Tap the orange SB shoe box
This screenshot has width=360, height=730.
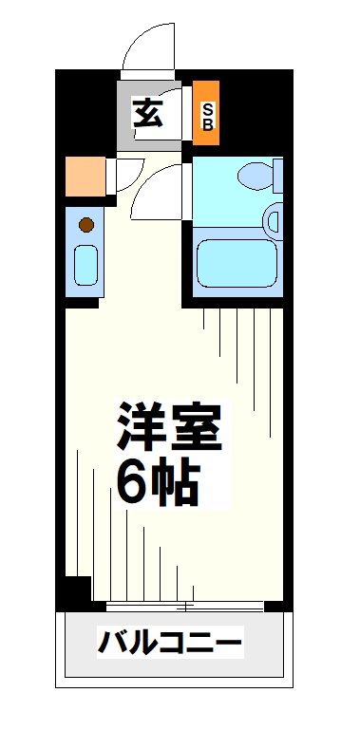(x=206, y=115)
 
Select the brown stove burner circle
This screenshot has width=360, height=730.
(x=85, y=225)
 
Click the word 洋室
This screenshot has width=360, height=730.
(x=170, y=428)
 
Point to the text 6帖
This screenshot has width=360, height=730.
(x=157, y=483)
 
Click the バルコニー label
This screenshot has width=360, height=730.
(x=171, y=646)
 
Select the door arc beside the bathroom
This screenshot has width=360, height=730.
(x=157, y=190)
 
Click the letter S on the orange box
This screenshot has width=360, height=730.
(x=206, y=108)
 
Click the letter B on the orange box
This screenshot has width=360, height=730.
(x=206, y=123)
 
